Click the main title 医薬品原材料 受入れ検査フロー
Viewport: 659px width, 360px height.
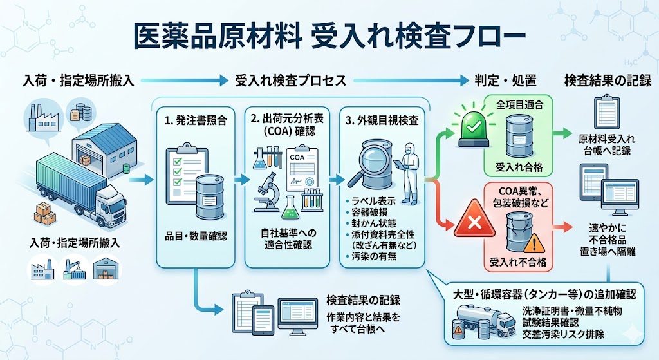[x=329, y=36]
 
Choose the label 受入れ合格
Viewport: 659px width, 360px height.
[x=519, y=167]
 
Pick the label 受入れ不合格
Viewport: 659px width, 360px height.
[x=519, y=262]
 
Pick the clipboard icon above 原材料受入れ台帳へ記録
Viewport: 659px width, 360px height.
[x=600, y=113]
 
